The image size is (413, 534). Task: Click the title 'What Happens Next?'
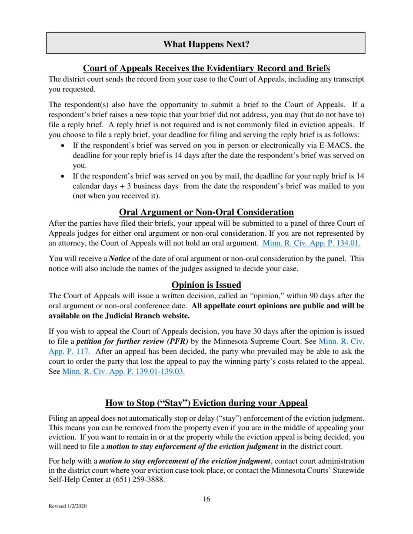[206, 44]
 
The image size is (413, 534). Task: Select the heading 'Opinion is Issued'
[206, 285]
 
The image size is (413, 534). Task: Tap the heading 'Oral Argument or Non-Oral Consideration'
[206, 212]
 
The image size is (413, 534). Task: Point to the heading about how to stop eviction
[206, 403]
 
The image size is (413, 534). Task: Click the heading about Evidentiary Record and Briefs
[206, 69]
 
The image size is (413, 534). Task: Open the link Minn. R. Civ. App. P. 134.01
[311, 243]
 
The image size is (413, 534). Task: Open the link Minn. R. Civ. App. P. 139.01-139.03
[123, 371]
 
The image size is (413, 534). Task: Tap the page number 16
[206, 499]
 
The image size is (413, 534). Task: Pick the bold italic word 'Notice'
[120, 259]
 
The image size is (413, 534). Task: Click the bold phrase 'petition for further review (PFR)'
[132, 342]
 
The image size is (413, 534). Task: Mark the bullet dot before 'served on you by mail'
[63, 176]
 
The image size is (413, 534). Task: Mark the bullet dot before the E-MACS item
[63, 145]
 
